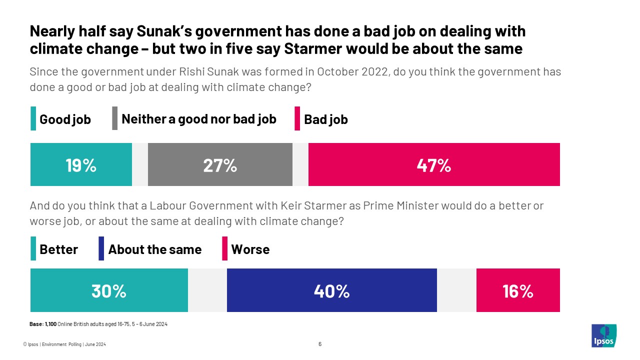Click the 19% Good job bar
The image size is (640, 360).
[81, 164]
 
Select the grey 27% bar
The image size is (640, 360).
[220, 164]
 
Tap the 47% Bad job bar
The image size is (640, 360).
[434, 164]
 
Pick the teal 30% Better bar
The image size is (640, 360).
[109, 290]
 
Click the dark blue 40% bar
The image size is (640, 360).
[331, 290]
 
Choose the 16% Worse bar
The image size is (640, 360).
[518, 290]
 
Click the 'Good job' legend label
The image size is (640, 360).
[65, 119]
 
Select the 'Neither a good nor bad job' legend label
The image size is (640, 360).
[199, 119]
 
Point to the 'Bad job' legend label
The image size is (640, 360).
[325, 119]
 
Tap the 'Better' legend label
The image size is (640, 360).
[58, 249]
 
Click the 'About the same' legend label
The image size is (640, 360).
[154, 249]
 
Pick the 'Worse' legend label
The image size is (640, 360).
[250, 249]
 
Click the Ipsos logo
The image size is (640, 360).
[604, 335]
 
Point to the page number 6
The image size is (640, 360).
[320, 344]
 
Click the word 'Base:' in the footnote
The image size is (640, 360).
[36, 324]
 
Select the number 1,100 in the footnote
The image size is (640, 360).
[51, 324]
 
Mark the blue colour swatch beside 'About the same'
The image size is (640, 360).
[101, 249]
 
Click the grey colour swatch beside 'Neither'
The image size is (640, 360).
[114, 119]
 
